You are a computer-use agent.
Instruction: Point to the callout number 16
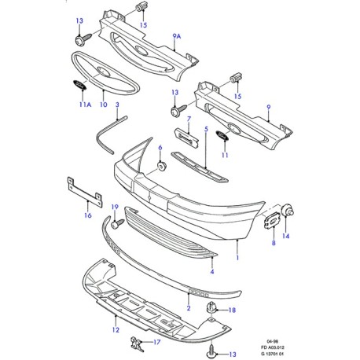click(87, 215)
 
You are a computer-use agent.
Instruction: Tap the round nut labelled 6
click(160, 165)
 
